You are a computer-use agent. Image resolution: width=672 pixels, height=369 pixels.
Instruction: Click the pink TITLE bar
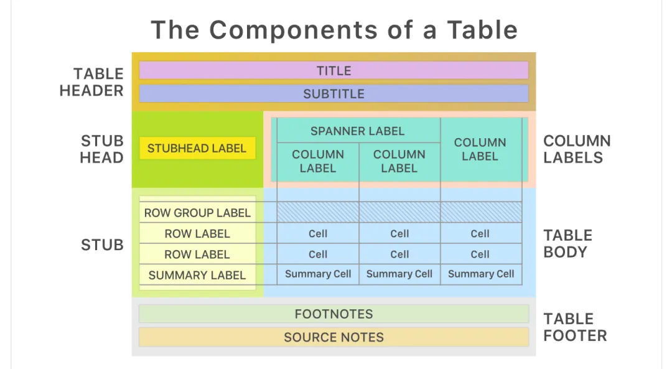click(334, 70)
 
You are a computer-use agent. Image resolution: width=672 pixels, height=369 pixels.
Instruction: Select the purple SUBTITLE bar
click(334, 94)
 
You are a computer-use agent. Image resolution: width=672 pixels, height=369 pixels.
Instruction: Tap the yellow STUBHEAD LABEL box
click(197, 148)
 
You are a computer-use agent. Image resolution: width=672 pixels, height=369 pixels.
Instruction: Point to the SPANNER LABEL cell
click(357, 131)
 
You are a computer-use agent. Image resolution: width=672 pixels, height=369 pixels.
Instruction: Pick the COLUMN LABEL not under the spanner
click(480, 149)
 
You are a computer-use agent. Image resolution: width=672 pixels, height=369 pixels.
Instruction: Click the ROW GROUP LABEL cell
click(197, 213)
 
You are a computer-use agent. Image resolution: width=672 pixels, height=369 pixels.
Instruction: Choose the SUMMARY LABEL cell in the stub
click(197, 275)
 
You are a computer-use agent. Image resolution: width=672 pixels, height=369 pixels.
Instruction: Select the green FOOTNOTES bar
click(334, 314)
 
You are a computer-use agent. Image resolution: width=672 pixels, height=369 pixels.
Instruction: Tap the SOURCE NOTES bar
click(334, 337)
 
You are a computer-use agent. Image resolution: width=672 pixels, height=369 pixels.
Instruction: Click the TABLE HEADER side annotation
click(91, 82)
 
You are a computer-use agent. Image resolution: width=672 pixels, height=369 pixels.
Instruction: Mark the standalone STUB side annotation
click(102, 245)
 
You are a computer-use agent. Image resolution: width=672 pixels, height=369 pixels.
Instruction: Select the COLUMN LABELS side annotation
click(577, 149)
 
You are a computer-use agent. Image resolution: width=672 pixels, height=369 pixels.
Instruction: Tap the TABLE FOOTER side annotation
click(574, 327)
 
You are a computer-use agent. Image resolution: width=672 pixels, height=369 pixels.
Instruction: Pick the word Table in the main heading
click(480, 30)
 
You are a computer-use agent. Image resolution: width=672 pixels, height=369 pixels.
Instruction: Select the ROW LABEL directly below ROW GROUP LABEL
click(197, 234)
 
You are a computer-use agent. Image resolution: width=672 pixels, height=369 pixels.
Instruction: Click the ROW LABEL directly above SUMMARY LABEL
click(197, 255)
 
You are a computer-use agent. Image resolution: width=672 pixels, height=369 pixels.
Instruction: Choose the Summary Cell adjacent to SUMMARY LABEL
click(318, 274)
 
